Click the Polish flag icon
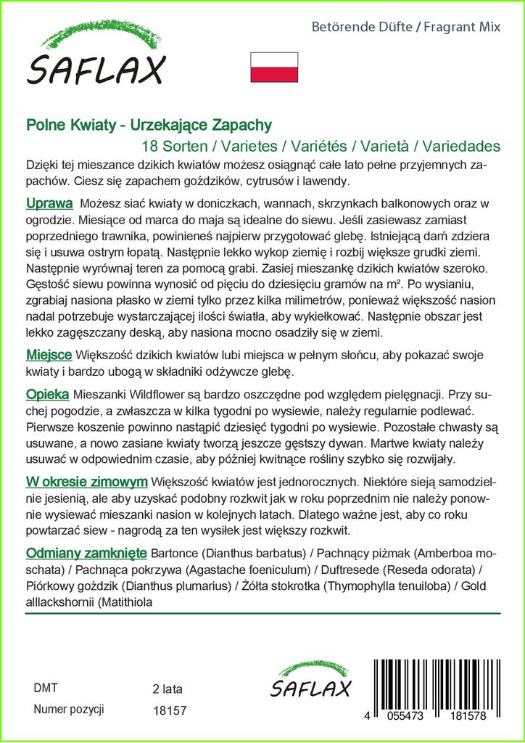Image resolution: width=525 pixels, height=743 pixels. [x=274, y=67]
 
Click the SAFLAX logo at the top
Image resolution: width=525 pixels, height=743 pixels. [x=96, y=57]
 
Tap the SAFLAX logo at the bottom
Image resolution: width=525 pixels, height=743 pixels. [x=310, y=681]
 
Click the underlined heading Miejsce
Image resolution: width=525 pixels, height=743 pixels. [x=49, y=356]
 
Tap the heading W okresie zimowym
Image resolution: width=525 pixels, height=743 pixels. [x=87, y=482]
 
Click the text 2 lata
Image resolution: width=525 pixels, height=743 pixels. [x=168, y=689]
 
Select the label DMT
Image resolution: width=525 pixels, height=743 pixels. [x=46, y=688]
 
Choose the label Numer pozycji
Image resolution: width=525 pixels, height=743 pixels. [x=70, y=710]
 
